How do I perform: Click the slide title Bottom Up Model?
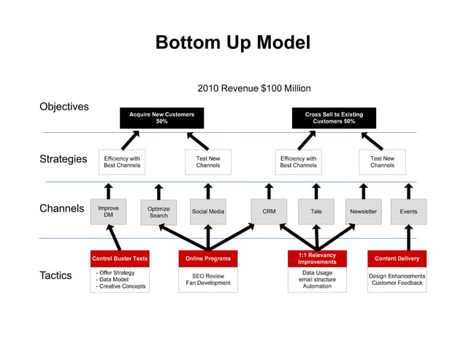pos(232,43)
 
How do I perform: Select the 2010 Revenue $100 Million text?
pos(253,88)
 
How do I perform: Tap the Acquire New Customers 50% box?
pos(161,118)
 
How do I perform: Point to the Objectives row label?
pos(64,107)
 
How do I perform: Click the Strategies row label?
pos(63,159)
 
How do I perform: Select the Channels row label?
pos(62,209)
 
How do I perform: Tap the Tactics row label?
pos(56,275)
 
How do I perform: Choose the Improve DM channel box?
pos(108,211)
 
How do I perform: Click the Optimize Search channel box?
pos(158,212)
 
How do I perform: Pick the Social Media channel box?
pos(208,212)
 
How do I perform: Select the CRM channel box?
pos(269,212)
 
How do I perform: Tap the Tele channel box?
pos(316,212)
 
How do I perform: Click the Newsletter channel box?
pos(363,212)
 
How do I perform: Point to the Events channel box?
pos(408,212)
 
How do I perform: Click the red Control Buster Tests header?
pos(120,258)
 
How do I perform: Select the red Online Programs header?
pos(207,258)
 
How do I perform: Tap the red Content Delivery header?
pos(397,258)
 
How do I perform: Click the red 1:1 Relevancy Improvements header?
pos(317,258)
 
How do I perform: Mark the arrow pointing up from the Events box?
pos(408,190)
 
